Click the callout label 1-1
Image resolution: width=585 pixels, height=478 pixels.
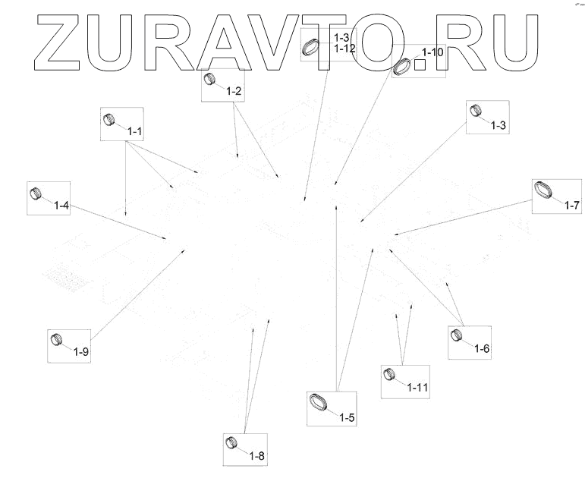click(136, 131)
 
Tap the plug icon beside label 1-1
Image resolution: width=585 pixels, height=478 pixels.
click(109, 118)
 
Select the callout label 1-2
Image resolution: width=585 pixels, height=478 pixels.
click(234, 92)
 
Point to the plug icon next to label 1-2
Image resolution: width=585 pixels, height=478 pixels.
click(210, 80)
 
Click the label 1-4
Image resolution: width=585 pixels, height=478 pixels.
click(61, 206)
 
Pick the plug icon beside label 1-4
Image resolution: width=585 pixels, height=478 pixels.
click(35, 192)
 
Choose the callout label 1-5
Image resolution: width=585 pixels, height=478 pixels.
click(348, 417)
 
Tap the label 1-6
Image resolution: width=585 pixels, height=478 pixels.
click(482, 348)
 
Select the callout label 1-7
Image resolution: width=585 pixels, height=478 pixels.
click(571, 205)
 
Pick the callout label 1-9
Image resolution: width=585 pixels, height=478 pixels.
click(81, 351)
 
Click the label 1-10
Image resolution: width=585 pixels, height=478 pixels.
click(432, 52)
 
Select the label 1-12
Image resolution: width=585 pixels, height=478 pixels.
click(344, 48)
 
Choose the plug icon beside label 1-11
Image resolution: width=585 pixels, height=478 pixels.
click(390, 374)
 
